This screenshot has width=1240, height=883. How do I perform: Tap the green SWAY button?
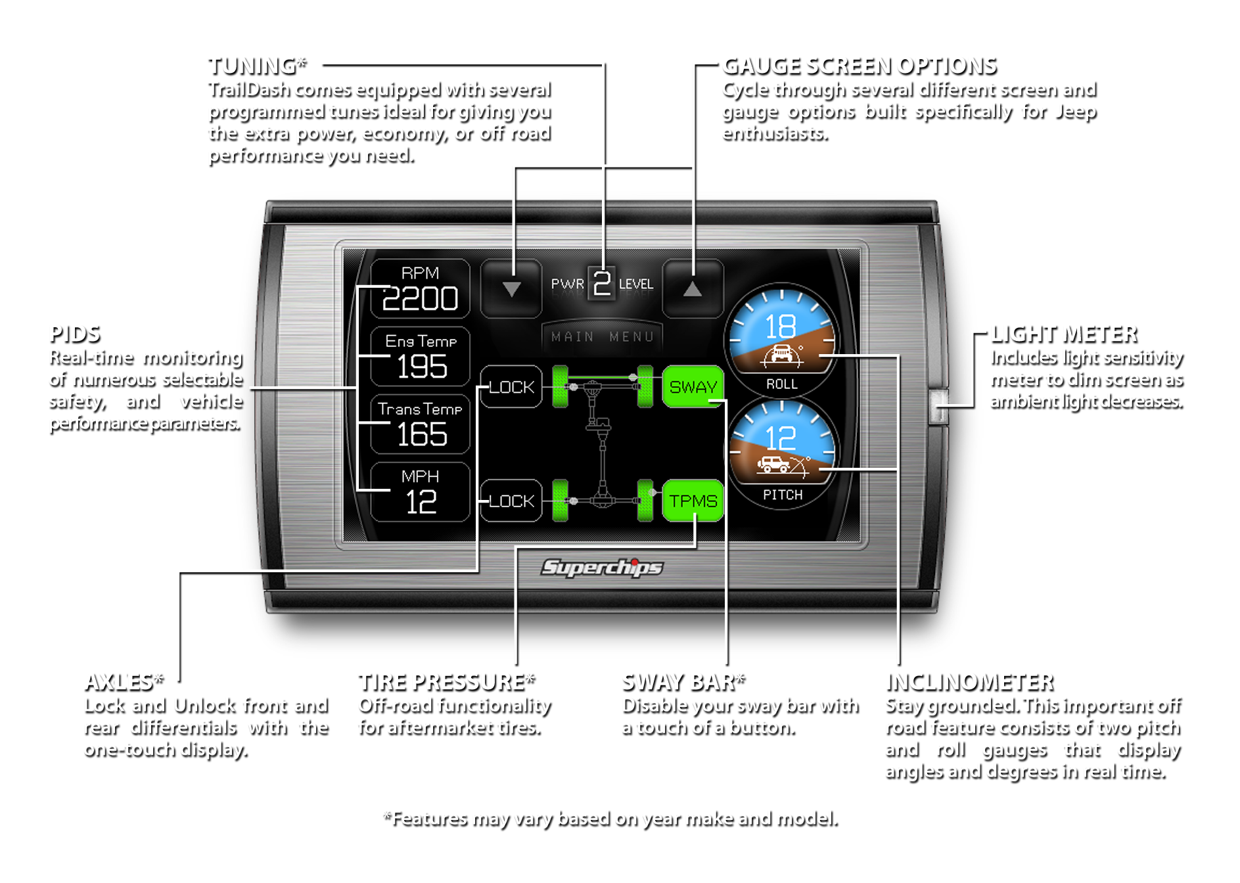tap(693, 387)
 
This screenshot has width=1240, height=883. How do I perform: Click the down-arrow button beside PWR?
tap(511, 288)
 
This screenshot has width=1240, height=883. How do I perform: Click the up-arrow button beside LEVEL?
tap(693, 288)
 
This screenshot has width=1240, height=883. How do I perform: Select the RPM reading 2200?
tap(420, 299)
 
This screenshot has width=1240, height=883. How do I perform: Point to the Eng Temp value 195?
tap(422, 367)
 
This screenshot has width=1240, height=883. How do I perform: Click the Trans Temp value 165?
tap(422, 434)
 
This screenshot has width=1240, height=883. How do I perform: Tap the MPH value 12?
tap(421, 503)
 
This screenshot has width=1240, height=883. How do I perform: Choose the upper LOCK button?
tap(511, 387)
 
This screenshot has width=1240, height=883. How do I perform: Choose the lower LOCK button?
tap(511, 501)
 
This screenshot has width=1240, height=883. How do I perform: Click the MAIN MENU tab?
tap(603, 337)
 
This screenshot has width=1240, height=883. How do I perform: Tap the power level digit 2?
tap(602, 283)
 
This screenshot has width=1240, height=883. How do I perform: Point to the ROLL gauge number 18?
tap(781, 327)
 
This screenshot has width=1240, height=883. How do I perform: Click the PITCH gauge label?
tap(783, 495)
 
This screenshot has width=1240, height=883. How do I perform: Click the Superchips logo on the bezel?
tap(602, 568)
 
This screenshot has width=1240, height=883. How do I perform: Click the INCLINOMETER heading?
tap(970, 683)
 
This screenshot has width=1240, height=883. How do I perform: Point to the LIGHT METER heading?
tap(1064, 334)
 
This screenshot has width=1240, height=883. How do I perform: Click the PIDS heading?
tap(76, 334)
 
